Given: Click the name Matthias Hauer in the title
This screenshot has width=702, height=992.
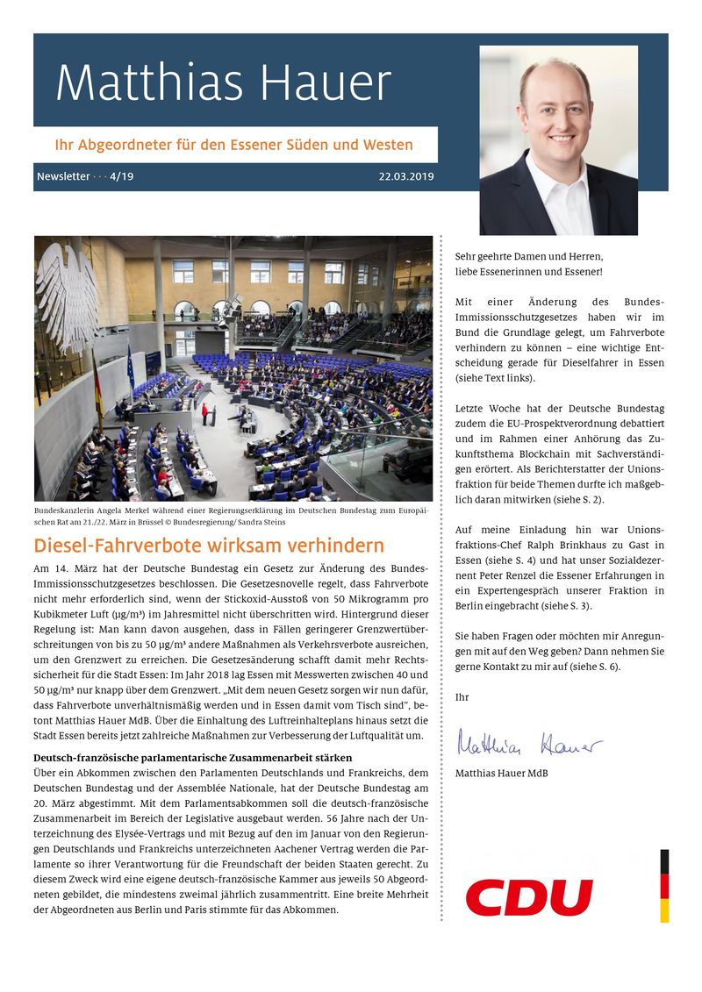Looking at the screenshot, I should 223,83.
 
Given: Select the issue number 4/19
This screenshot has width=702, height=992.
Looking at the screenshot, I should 122,176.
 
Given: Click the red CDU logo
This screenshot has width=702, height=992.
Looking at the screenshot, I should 529,897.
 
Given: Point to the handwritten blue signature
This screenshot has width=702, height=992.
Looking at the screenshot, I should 528,746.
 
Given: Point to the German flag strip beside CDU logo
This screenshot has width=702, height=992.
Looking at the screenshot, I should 664,885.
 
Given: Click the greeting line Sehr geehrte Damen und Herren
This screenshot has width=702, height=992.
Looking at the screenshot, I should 529,256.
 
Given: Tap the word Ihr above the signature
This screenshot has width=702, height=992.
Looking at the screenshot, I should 462,697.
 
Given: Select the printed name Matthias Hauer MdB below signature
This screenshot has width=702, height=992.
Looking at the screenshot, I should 502,773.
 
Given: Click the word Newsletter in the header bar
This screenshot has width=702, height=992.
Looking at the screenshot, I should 63,176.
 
